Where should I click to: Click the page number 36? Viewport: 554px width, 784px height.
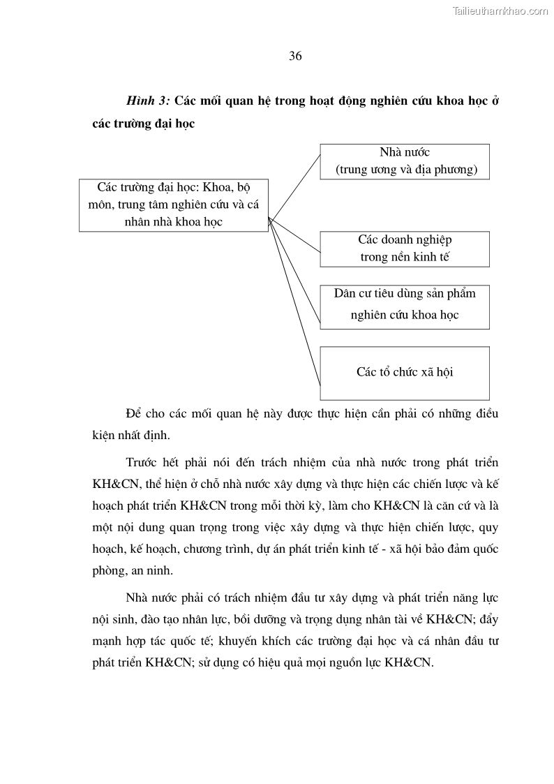pos(295,57)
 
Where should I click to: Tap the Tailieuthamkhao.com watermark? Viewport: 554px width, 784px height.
pos(500,10)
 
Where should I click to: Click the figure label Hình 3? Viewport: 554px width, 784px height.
pos(148,101)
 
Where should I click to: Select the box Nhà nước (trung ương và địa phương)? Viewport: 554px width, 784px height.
pos(405,161)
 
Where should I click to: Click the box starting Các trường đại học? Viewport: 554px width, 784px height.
pos(174,204)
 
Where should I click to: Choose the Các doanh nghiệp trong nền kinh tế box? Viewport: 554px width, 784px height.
pos(405,249)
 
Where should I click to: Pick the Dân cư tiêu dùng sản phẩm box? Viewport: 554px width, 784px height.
pos(405,306)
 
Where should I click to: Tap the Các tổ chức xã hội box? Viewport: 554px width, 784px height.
pos(405,372)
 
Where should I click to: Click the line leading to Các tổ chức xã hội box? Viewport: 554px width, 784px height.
pos(295,302)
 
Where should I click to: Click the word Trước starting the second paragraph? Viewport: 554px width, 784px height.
pos(142,463)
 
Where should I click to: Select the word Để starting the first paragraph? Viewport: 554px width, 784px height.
pos(133,413)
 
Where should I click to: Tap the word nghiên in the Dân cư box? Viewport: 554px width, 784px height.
pos(368,315)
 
